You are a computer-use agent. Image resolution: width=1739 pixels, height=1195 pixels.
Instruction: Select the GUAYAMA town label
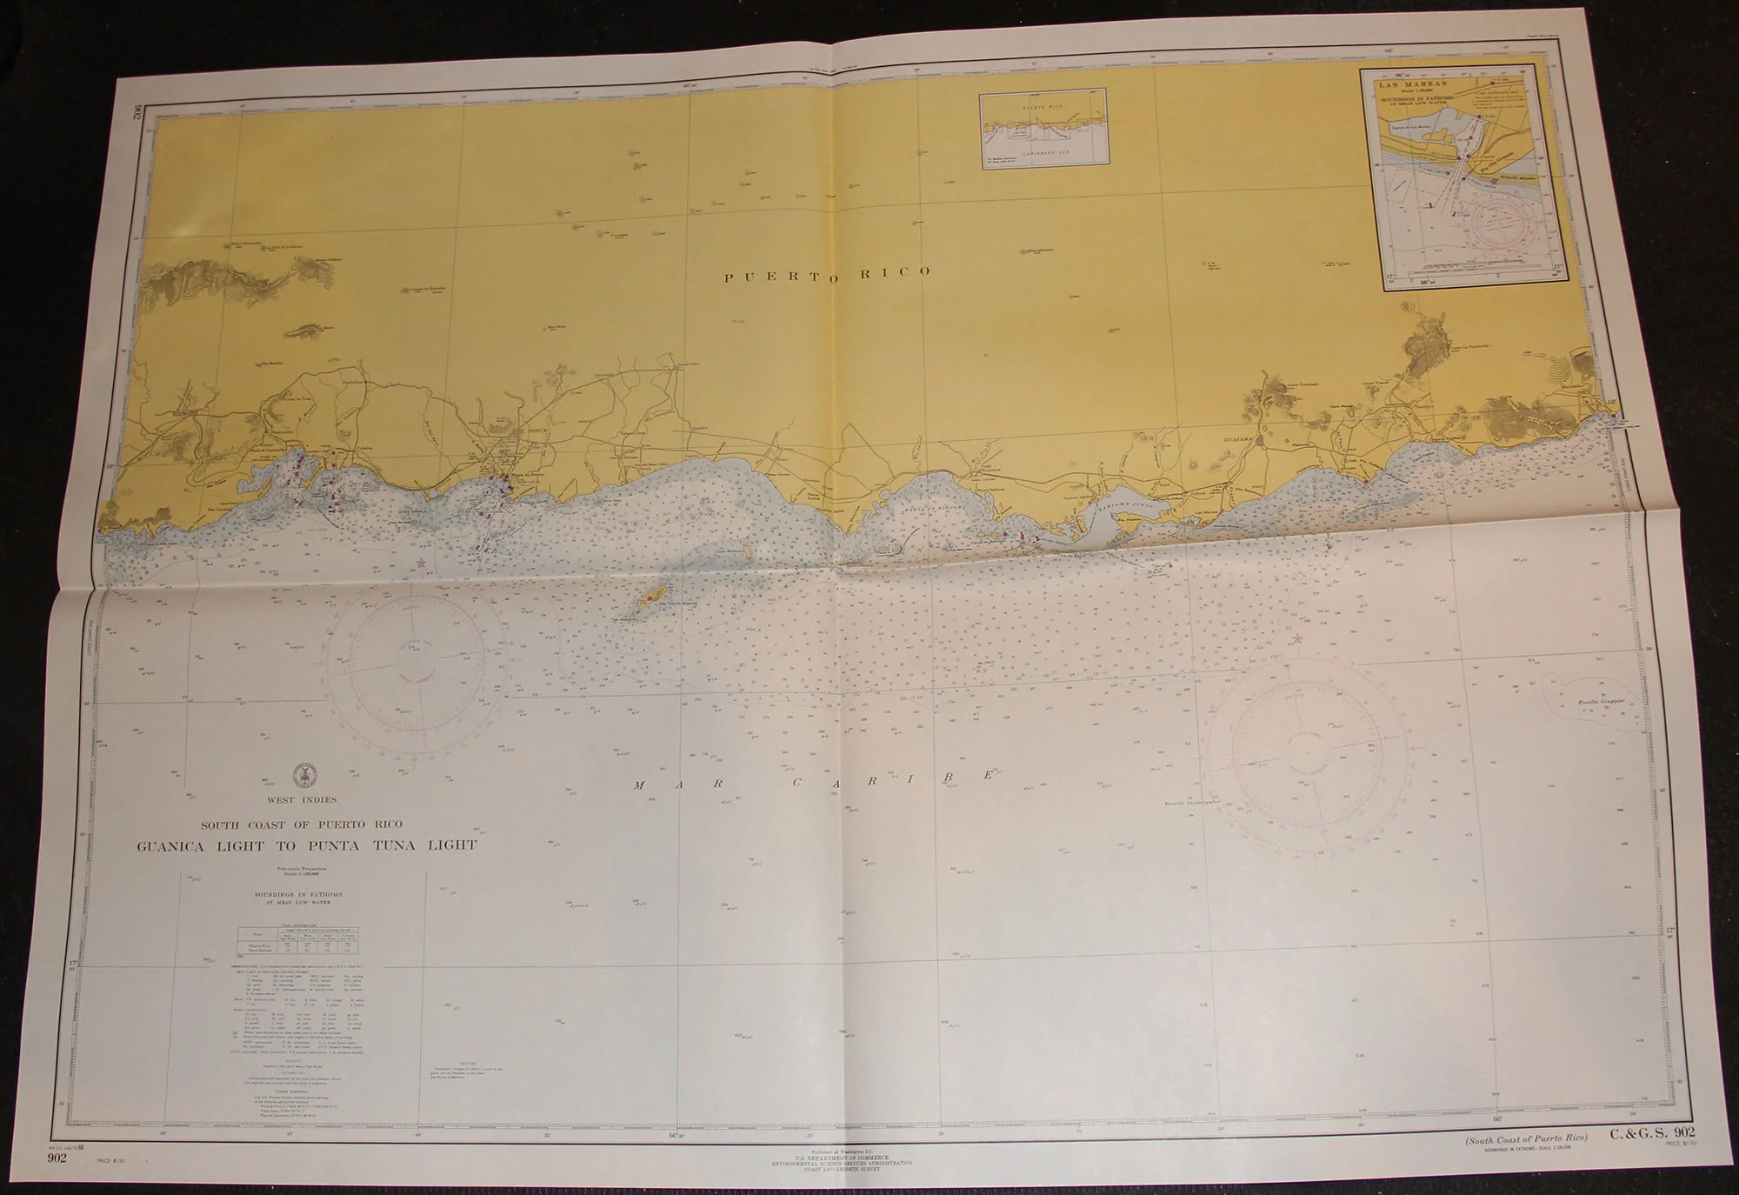[x=1241, y=440]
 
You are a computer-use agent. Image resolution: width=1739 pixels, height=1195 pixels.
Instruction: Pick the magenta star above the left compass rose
[x=421, y=564]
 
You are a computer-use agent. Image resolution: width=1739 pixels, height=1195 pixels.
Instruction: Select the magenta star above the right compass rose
[x=1298, y=640]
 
